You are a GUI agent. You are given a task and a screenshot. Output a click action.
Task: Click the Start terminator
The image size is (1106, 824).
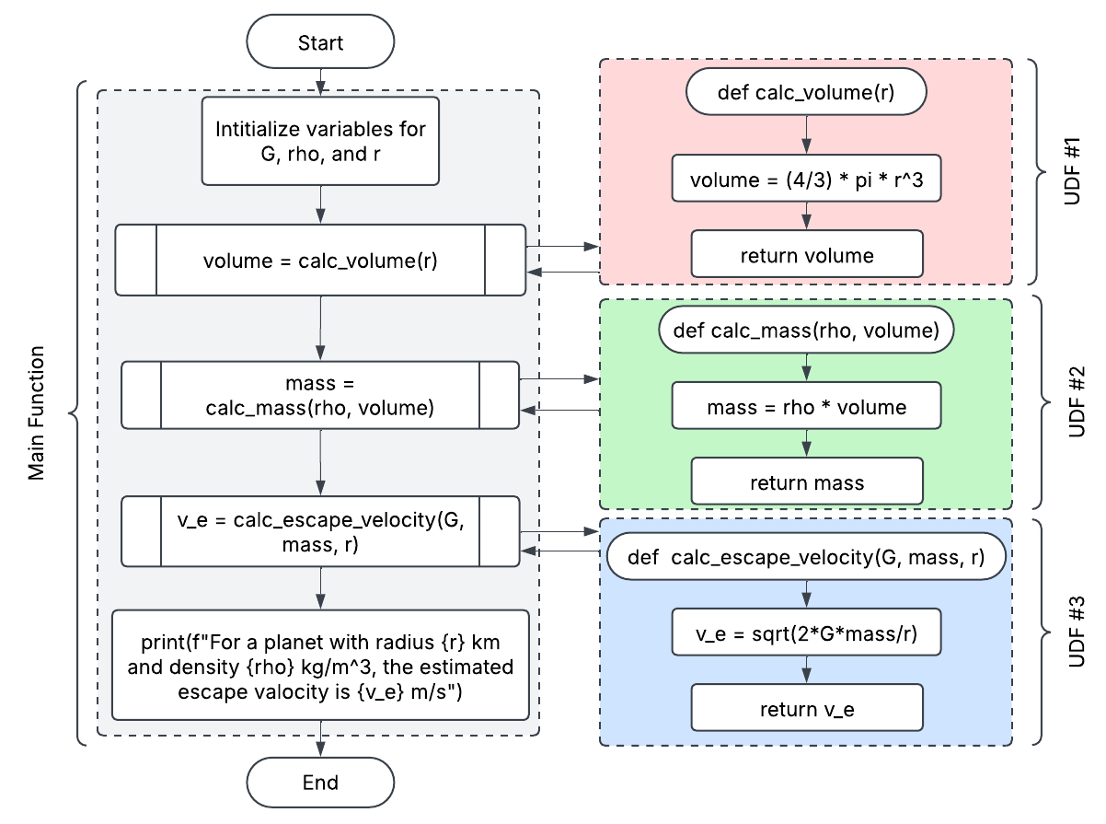pos(320,43)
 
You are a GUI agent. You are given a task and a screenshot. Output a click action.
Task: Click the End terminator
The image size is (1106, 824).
pos(320,783)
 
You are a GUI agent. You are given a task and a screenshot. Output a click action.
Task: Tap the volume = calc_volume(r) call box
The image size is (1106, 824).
pos(320,260)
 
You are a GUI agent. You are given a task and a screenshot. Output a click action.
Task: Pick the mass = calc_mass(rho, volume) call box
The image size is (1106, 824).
pos(320,394)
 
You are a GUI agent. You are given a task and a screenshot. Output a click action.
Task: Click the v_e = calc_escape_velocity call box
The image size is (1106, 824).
pos(320,532)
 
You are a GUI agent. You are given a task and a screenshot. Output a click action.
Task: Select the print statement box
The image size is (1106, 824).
pos(320,664)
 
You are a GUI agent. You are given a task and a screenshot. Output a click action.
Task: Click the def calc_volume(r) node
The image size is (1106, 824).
pos(806,92)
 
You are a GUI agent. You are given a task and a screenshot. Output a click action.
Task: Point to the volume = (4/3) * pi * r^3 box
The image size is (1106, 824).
pos(806,180)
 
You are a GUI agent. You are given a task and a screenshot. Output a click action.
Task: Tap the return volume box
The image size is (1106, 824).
pos(806,254)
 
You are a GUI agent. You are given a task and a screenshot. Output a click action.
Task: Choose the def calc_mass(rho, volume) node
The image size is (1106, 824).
pos(806,331)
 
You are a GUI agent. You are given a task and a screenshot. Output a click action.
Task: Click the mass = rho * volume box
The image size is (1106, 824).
pos(806,407)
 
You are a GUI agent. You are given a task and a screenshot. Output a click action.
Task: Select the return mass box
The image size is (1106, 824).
pos(806,482)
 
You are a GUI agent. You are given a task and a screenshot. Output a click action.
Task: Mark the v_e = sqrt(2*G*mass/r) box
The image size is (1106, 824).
pos(806,633)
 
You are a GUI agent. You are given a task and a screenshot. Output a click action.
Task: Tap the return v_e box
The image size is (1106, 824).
pos(806,709)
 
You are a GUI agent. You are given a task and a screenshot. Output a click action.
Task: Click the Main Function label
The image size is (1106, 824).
pos(36,412)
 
